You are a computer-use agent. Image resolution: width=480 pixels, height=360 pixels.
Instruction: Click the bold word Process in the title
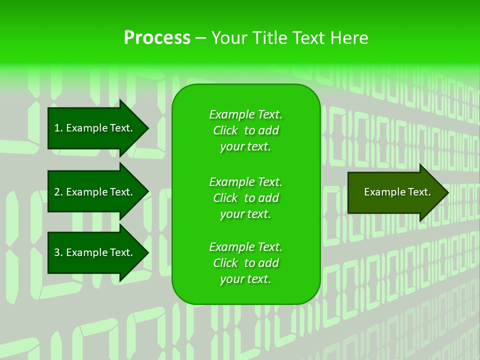157,38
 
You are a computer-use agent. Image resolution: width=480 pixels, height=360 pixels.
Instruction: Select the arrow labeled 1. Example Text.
95,128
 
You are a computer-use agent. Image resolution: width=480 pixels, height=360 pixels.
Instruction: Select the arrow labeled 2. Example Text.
95,192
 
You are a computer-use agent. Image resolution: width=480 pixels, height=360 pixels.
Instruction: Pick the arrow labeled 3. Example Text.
95,252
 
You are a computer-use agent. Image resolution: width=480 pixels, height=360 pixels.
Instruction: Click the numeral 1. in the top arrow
58,128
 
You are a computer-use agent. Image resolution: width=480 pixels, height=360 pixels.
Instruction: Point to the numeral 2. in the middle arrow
58,192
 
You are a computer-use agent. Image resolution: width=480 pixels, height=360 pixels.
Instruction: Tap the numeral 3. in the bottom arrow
58,252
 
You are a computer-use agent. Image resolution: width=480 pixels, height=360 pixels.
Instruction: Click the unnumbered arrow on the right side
395,192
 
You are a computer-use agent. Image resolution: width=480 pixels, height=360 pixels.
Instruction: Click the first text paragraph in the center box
245,130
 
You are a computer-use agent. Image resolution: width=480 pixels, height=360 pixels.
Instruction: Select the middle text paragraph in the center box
245,198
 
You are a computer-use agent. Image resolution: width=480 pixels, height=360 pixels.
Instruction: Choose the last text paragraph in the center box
245,263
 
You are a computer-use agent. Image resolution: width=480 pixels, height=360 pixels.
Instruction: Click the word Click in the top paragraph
225,130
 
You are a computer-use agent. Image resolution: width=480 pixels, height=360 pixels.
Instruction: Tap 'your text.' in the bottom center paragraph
245,279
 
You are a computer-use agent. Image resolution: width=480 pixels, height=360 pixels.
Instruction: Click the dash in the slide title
200,38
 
